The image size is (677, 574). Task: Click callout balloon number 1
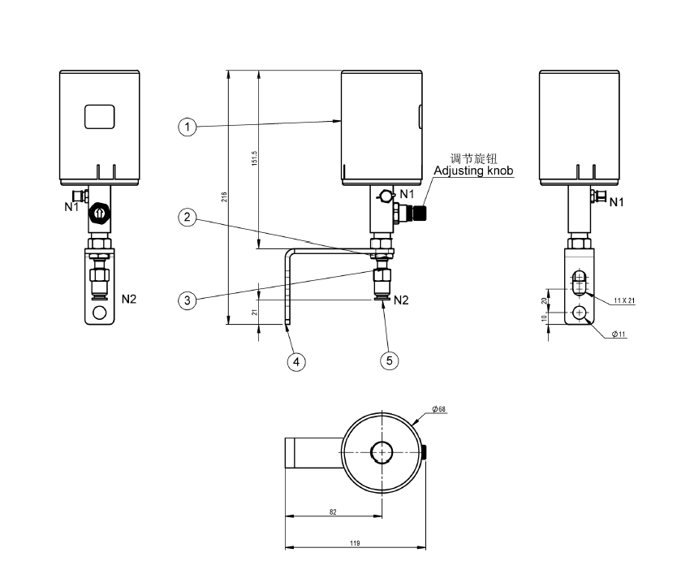tap(188, 127)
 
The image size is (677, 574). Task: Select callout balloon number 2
tap(188, 218)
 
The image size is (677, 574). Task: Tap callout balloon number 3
tap(188, 300)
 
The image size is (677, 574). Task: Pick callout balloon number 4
tap(298, 361)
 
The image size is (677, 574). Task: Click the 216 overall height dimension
tap(224, 197)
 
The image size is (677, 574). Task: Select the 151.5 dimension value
tap(254, 159)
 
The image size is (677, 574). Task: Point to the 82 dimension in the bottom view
tap(333, 511)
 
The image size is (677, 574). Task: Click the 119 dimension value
tap(354, 542)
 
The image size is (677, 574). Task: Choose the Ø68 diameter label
tap(439, 410)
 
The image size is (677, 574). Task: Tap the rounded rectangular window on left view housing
tap(100, 117)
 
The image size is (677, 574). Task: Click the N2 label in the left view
tap(129, 299)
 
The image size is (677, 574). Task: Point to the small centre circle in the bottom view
tap(382, 451)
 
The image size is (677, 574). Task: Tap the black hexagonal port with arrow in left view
tap(98, 214)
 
